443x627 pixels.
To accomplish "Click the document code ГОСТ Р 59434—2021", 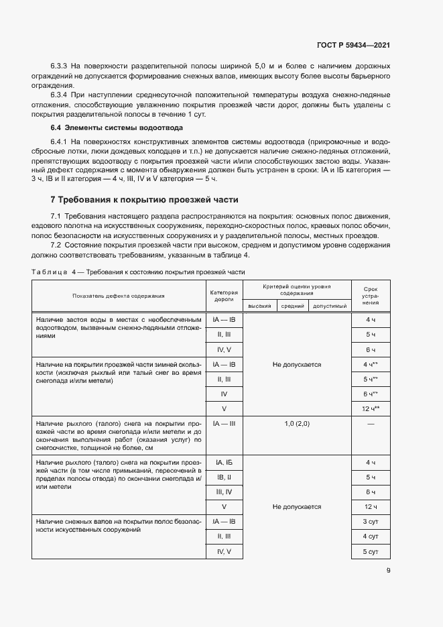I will click(353, 46).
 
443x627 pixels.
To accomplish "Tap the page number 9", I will click(388, 571).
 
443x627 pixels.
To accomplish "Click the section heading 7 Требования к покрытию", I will click(144, 200).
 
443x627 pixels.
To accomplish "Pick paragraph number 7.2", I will click(59, 245).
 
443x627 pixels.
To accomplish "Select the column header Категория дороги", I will click(224, 296).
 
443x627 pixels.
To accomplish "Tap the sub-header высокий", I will click(259, 306).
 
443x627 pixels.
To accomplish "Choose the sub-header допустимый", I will click(330, 306).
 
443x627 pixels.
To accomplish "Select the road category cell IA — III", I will click(224, 424).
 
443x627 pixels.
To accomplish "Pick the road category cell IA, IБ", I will click(224, 463).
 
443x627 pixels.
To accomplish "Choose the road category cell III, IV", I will click(224, 492).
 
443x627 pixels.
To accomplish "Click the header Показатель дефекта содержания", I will click(119, 296).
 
